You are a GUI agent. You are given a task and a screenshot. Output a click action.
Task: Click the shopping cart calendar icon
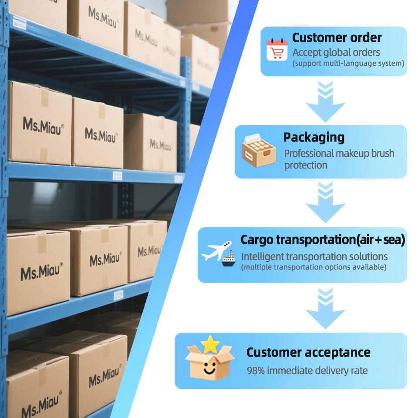(277, 50)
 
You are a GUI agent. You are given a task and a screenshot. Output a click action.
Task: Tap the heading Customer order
(337, 37)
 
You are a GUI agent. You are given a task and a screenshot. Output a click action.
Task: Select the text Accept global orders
(336, 53)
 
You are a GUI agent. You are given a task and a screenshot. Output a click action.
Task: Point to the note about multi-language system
(348, 64)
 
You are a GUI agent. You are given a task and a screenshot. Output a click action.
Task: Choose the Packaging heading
(313, 138)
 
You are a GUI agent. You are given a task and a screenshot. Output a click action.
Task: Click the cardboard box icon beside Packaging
(259, 150)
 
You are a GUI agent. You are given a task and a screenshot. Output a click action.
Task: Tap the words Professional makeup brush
(339, 153)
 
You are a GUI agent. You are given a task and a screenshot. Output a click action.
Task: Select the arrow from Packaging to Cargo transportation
(325, 202)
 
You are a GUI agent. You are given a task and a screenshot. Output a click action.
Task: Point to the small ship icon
(229, 259)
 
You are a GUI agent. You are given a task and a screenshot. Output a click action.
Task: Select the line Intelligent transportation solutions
(314, 256)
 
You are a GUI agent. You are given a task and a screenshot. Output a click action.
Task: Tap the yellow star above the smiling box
(210, 344)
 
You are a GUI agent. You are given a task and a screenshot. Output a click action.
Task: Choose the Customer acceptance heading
(308, 352)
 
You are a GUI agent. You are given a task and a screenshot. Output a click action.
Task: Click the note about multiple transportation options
(313, 267)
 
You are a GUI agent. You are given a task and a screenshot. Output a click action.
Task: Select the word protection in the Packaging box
(306, 165)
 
